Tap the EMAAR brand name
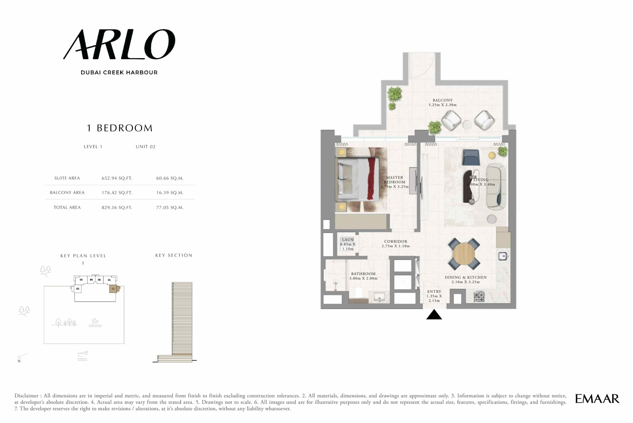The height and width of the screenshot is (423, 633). (x=597, y=399)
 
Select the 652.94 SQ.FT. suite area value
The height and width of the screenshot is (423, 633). (x=117, y=178)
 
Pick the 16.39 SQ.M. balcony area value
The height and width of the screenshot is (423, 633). (x=170, y=193)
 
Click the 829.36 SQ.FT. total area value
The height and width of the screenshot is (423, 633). (x=117, y=208)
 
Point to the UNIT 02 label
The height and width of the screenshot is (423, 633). (x=145, y=147)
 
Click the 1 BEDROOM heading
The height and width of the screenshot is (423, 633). (x=120, y=128)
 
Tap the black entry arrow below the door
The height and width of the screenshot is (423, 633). (x=434, y=315)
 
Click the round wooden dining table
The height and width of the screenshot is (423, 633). (x=464, y=254)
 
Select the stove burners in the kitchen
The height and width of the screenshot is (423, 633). (x=479, y=296)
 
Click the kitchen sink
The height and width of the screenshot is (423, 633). (x=503, y=256)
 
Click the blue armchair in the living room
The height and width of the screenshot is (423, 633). (x=471, y=157)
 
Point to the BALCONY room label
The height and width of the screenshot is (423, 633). (x=443, y=100)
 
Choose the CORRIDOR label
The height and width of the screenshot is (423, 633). (x=396, y=241)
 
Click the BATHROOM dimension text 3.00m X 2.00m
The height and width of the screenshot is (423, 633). (x=363, y=278)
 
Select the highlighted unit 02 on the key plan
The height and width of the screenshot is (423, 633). (x=113, y=289)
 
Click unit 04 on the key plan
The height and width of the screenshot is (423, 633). (x=81, y=280)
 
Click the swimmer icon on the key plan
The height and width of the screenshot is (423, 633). (x=95, y=323)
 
